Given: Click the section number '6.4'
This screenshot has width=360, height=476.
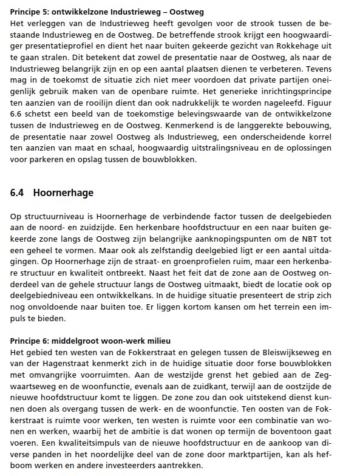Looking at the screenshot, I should (x=18, y=194).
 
